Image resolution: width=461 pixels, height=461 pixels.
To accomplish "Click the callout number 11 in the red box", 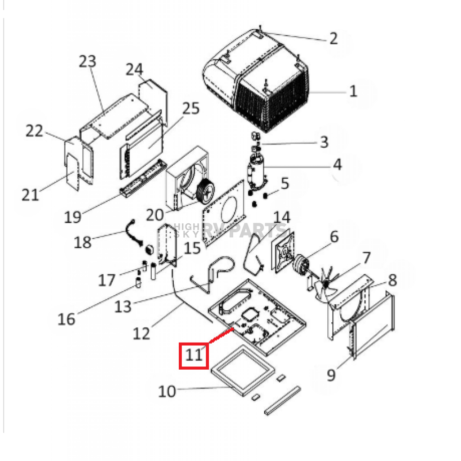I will tap(194, 355).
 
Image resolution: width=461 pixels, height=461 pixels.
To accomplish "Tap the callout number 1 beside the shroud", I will tap(353, 91).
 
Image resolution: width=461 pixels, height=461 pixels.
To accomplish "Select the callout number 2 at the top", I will tap(333, 39).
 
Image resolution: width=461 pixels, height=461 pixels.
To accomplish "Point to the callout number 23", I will tap(88, 61).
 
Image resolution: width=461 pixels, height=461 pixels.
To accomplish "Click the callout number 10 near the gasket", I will tap(167, 391).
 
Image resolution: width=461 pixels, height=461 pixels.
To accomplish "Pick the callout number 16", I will tap(66, 319).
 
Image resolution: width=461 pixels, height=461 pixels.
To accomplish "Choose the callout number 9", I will tap(331, 375).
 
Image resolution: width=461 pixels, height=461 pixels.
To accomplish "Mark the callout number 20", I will tap(155, 215).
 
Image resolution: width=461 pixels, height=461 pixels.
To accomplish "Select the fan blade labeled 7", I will tap(327, 283).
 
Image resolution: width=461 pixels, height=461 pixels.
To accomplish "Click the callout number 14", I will tap(282, 217).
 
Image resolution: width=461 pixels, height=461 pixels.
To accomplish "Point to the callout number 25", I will tap(191, 108).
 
